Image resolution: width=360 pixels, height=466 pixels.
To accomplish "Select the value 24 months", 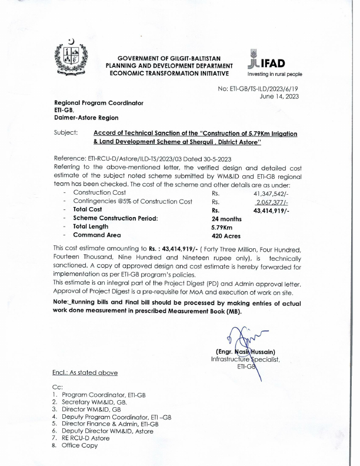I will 226,218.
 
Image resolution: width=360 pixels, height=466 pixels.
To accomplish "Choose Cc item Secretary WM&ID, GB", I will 97,401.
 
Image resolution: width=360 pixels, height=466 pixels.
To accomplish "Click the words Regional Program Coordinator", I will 98,103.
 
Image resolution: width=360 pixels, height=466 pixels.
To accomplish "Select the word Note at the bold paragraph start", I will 62,301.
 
